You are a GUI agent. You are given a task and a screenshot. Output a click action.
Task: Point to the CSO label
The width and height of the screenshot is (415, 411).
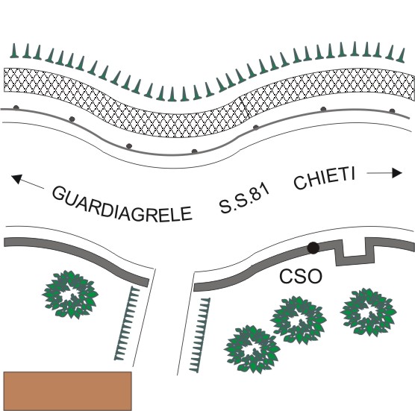tap(301, 276)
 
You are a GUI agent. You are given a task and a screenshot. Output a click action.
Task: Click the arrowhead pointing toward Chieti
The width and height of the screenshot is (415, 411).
tap(397, 173)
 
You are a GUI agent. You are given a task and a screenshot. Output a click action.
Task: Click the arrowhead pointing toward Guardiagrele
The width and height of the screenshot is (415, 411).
tap(16, 179)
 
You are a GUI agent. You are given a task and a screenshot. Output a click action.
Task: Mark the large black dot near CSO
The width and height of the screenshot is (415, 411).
tap(313, 248)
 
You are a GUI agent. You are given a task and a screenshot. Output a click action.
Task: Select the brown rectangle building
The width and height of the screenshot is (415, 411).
tap(67, 391)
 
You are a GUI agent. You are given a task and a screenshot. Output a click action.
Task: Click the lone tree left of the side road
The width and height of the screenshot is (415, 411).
tap(70, 295)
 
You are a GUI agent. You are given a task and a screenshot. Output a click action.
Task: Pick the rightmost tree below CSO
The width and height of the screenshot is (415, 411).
tap(369, 312)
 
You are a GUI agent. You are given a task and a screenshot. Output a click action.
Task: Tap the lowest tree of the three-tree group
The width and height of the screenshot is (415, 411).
tap(252, 349)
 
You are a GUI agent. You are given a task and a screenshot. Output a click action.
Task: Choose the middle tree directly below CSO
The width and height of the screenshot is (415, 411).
tap(299, 320)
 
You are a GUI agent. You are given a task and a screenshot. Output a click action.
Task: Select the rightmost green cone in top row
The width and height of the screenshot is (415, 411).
tap(402, 55)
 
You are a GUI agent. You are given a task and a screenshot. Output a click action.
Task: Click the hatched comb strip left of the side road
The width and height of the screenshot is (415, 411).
tap(127, 324)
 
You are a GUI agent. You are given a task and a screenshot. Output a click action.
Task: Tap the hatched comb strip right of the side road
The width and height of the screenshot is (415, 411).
tap(200, 335)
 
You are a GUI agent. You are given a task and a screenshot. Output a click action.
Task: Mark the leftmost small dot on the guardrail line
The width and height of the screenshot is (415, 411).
tap(16, 107)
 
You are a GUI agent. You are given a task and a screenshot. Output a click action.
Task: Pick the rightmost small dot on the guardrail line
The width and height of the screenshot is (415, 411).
tap(393, 111)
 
